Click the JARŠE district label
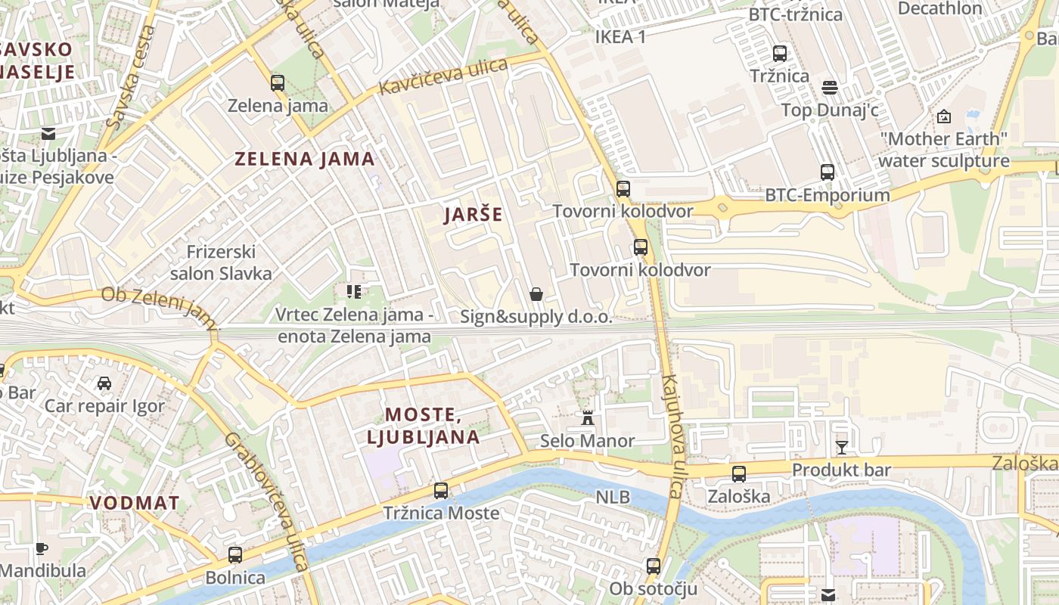(x=473, y=214)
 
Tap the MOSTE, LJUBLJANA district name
(x=423, y=426)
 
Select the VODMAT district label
(x=135, y=503)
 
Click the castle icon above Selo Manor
(x=587, y=417)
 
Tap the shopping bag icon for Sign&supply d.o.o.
(x=536, y=294)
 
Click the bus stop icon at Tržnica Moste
(x=441, y=491)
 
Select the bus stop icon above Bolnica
(x=235, y=555)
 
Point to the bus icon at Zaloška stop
(x=739, y=474)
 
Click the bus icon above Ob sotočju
(x=653, y=566)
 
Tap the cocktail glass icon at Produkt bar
(x=841, y=447)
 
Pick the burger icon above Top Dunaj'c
(x=830, y=88)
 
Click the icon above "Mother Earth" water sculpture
(x=943, y=116)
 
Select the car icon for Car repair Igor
(x=104, y=383)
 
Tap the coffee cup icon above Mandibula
(x=42, y=548)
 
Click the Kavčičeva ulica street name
(x=443, y=76)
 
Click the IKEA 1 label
(x=620, y=36)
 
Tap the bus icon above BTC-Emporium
(x=828, y=172)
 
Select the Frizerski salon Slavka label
(x=221, y=262)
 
